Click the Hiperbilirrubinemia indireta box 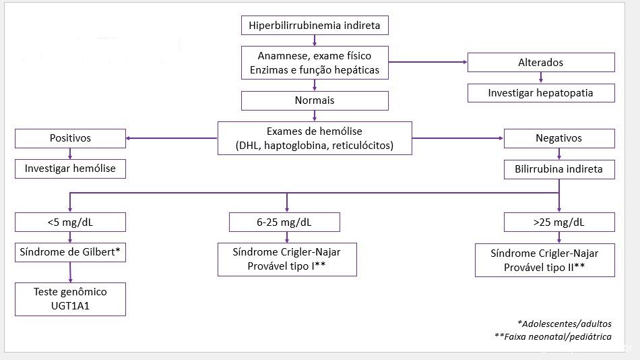coord(315,26)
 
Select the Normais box coord(315,100)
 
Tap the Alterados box coord(541,63)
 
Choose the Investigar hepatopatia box coord(541,93)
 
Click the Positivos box coord(70,138)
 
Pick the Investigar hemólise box coord(70,169)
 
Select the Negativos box coord(559,138)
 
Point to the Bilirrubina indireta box coord(559,169)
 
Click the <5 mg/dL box coord(70,222)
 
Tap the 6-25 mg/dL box coord(284,222)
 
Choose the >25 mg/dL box coord(559,222)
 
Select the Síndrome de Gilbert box coord(70,253)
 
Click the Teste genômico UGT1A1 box coord(70,299)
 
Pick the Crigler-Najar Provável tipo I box coord(287,260)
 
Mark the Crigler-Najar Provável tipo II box coord(545,260)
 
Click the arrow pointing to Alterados coord(428,62)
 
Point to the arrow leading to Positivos coord(171,138)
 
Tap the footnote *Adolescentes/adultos coord(565,324)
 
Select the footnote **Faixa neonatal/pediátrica coord(553,336)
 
